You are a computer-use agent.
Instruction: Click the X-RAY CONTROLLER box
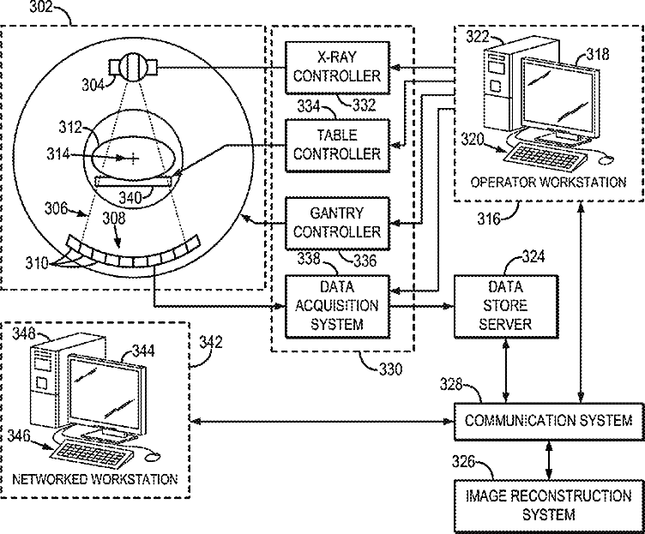pos(336,67)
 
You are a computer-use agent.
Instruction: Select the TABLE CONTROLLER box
pos(336,145)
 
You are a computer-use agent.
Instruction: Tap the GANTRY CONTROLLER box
pos(336,223)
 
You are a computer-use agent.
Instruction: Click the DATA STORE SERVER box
pos(506,305)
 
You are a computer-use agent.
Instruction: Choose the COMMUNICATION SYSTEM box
pos(547,420)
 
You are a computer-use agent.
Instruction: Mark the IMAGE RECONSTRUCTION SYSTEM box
pos(547,505)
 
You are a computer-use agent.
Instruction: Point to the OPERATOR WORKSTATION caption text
pos(548,182)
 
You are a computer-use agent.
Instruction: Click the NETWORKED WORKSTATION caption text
pos(96,479)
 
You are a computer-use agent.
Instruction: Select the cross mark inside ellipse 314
pos(134,157)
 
